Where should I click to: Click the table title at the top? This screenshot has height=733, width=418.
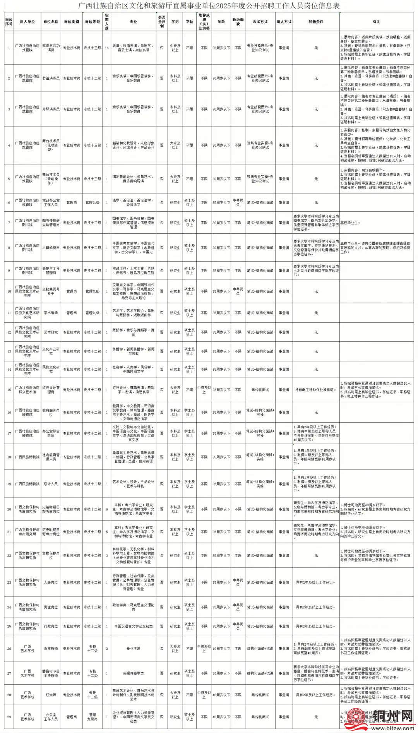tap(209, 6)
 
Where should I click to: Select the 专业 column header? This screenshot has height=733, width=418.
tap(134, 22)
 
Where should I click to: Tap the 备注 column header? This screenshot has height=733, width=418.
tap(376, 22)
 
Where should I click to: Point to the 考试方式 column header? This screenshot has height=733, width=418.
tap(260, 22)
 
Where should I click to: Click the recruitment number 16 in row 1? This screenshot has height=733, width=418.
tap(107, 48)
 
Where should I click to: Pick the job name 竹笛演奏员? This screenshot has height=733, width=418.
tap(51, 78)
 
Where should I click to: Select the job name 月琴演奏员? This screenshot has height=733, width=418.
tap(51, 109)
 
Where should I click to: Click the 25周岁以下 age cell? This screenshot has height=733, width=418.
tap(221, 48)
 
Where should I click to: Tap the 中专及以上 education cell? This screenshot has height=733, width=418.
tap(175, 48)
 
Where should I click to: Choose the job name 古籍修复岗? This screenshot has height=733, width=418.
tap(51, 248)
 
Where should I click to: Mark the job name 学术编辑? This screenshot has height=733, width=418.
tap(51, 313)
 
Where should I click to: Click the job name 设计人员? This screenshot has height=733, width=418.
tap(51, 484)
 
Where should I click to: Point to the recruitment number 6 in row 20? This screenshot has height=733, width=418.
tap(107, 509)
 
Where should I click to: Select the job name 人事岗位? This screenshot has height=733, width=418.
tap(51, 582)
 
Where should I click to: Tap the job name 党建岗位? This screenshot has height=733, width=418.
tap(51, 607)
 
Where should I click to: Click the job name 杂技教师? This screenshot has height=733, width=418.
tap(51, 649)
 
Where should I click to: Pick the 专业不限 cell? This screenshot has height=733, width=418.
tap(134, 649)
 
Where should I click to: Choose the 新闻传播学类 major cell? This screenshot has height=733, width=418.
tap(134, 673)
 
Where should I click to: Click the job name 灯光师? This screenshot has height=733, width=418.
tap(51, 695)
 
